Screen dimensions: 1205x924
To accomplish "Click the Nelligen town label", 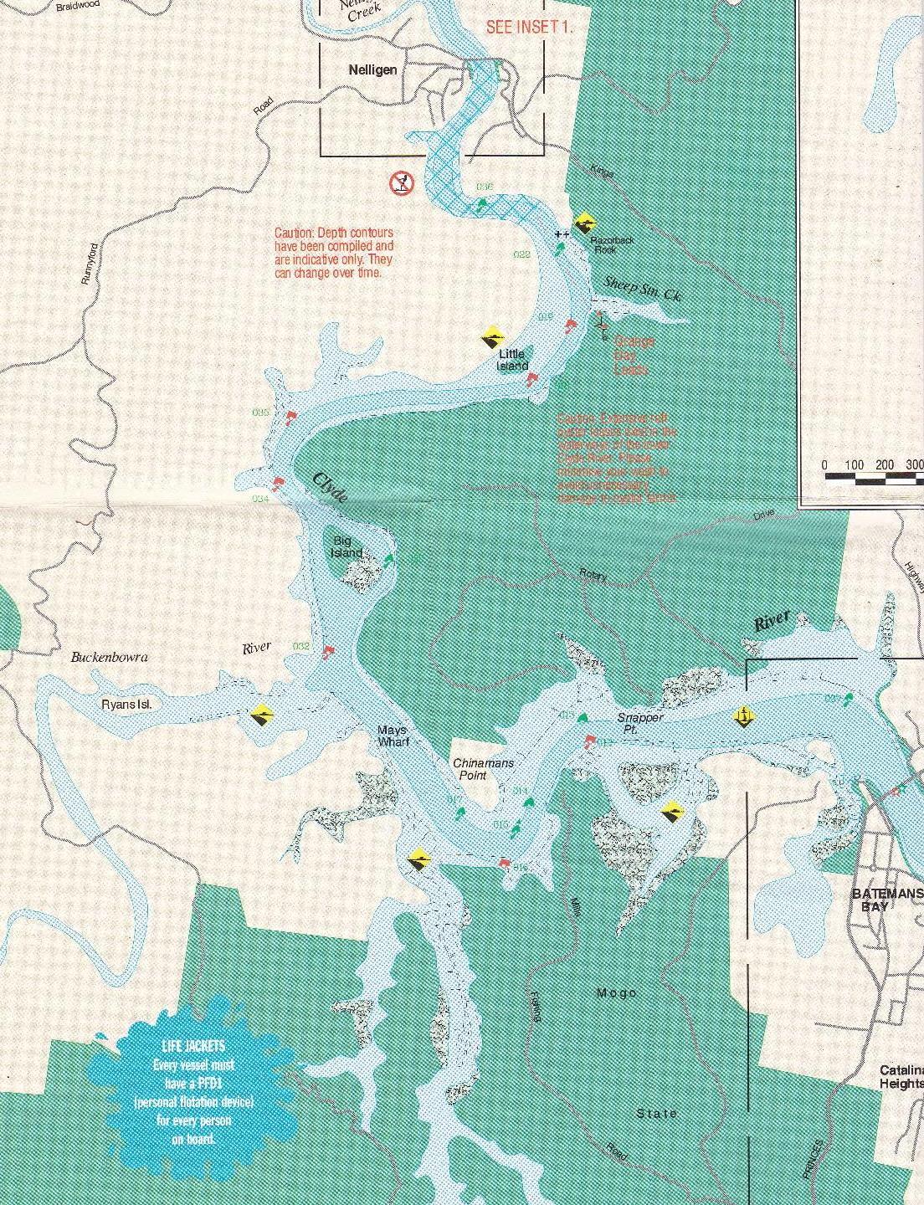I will (x=372, y=70).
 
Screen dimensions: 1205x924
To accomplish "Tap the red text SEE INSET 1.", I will (x=530, y=27).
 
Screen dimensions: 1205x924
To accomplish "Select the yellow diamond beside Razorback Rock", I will (x=588, y=222).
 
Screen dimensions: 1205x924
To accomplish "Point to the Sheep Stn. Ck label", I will (x=638, y=290).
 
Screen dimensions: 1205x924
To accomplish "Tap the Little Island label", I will (x=512, y=360).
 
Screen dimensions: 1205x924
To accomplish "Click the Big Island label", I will (x=347, y=546).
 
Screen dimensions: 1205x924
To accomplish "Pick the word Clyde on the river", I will (x=330, y=486).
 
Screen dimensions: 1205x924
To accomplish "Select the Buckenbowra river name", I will (x=109, y=657).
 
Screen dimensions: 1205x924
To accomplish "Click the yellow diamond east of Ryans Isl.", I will (x=263, y=716).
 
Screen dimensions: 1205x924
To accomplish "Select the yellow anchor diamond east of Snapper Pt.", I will (x=742, y=715).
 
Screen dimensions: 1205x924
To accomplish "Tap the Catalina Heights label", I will (x=901, y=1076).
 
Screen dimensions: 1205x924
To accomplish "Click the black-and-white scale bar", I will (x=874, y=479).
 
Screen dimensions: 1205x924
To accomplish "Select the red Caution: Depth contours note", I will (x=334, y=253).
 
